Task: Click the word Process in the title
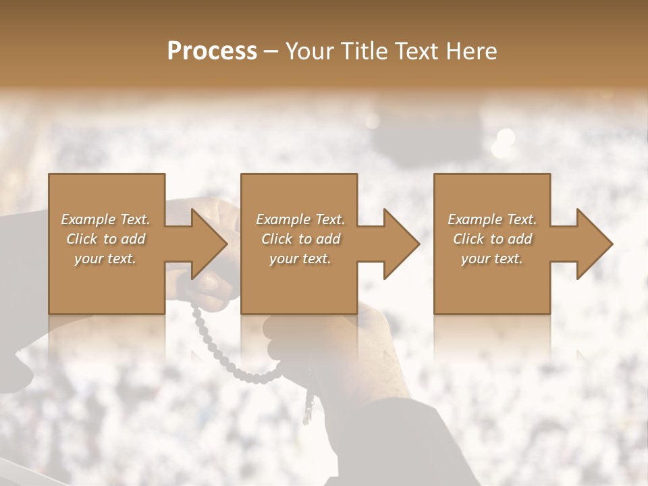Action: (x=212, y=51)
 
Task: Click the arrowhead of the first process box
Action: (x=207, y=244)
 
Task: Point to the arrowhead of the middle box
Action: (x=399, y=244)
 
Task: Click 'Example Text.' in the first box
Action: (x=105, y=219)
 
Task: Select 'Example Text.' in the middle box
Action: (x=300, y=219)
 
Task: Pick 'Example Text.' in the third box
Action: (x=492, y=219)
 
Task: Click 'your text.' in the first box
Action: (x=105, y=259)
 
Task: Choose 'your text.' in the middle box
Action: (x=300, y=259)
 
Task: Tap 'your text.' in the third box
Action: (x=492, y=259)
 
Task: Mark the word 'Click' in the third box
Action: (x=469, y=239)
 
